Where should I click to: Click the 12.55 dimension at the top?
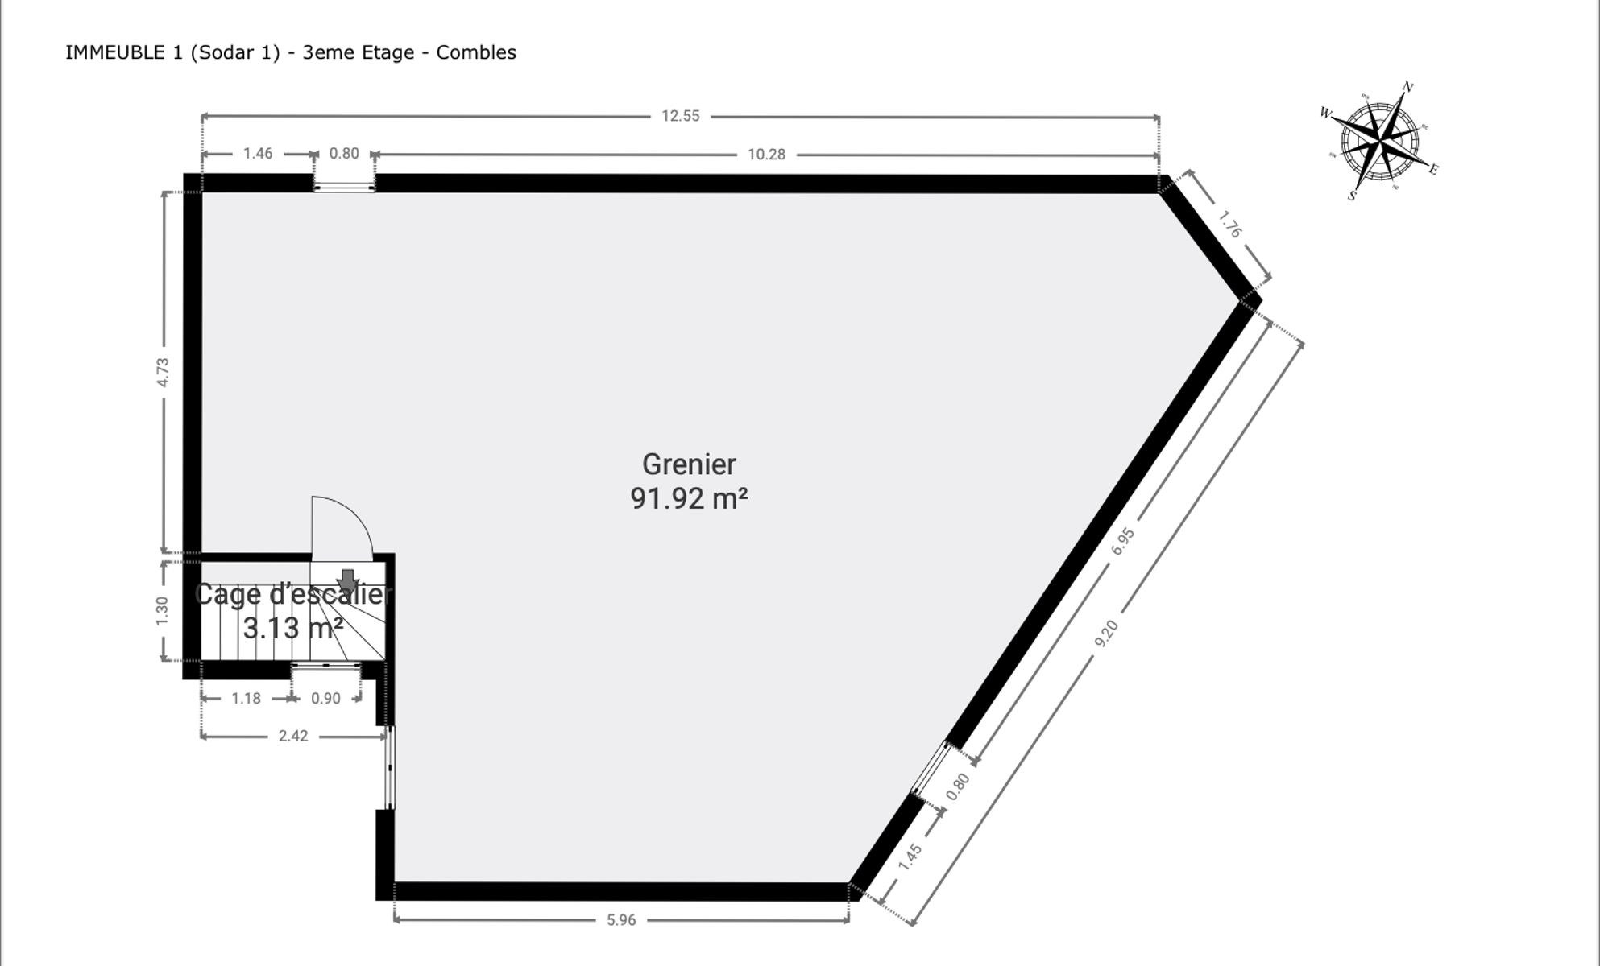(x=681, y=116)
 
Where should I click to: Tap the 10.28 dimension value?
(x=766, y=155)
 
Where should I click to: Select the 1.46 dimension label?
(x=258, y=153)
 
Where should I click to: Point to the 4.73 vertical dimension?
(x=163, y=373)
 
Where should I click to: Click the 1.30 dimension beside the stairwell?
(x=163, y=610)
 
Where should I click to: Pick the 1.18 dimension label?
(x=246, y=699)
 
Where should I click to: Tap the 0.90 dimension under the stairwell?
(x=325, y=699)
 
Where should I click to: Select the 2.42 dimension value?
(x=293, y=736)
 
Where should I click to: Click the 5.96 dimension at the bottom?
(x=621, y=920)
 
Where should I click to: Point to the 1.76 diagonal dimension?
(x=1229, y=224)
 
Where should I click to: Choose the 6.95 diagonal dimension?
(x=1123, y=541)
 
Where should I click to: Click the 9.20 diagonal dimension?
(x=1106, y=633)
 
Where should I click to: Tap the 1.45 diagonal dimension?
(x=910, y=857)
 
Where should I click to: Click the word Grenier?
(x=689, y=464)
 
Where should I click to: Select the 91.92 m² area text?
(x=689, y=498)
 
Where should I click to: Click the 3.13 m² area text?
(x=293, y=628)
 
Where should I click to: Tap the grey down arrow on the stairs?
(x=347, y=580)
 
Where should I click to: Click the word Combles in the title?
(x=476, y=52)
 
